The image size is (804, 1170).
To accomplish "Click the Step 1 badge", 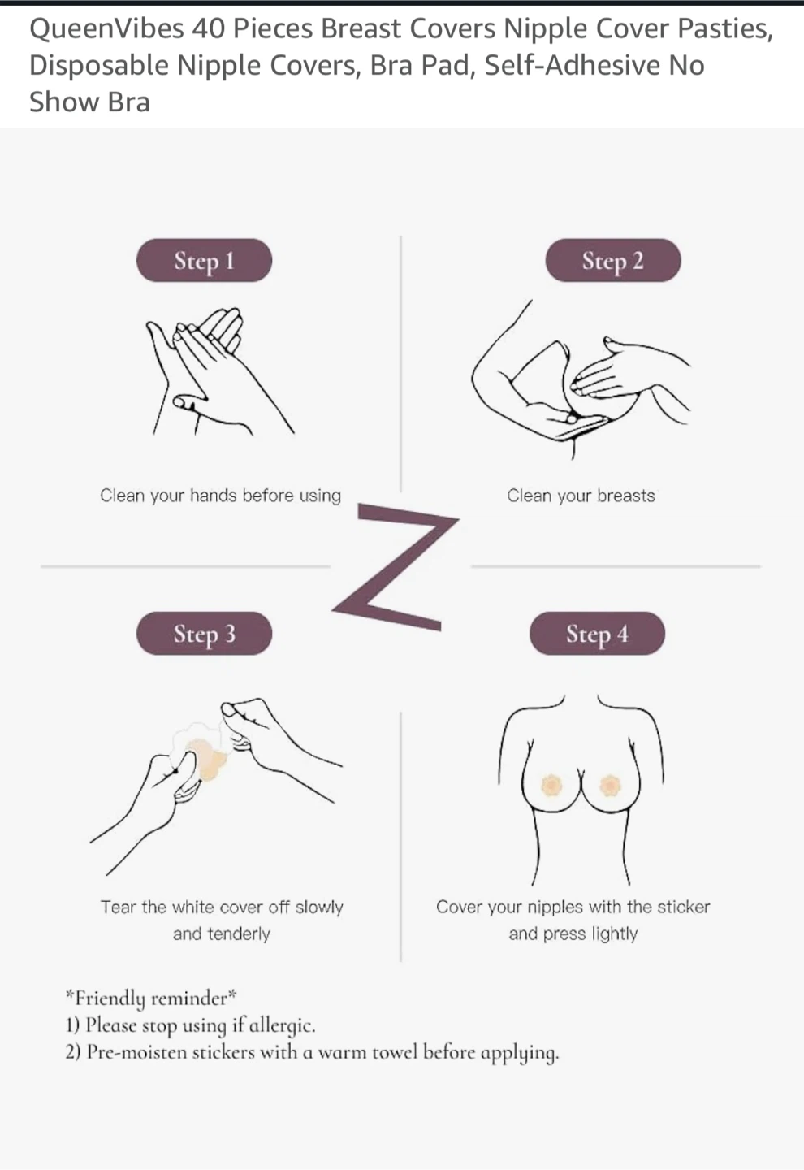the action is (204, 260).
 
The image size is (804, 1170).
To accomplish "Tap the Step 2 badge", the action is (613, 260).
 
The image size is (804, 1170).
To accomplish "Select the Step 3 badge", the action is (204, 633).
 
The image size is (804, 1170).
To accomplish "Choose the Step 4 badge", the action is (597, 633).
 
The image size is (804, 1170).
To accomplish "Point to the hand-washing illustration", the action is (219, 370).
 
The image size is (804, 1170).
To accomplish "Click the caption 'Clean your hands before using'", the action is (220, 495).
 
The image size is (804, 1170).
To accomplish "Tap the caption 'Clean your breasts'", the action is (581, 495).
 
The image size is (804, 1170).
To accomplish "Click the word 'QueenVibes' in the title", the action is (106, 28).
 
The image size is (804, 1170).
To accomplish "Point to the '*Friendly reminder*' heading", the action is (151, 998).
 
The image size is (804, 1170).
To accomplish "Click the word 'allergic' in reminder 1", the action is (282, 1025).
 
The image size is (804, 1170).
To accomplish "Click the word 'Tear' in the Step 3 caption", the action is (119, 907).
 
